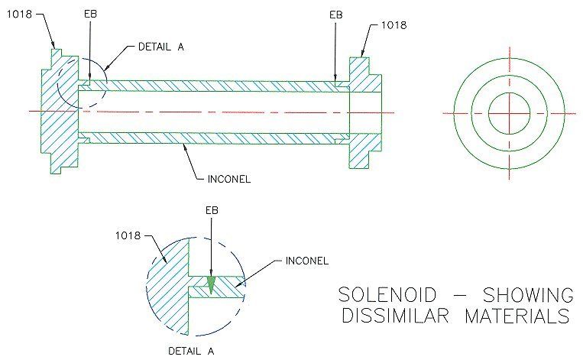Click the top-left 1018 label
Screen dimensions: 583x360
tap(19, 14)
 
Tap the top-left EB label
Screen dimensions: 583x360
tap(90, 14)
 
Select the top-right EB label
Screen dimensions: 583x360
tap(335, 15)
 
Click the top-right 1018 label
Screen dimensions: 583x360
tap(394, 25)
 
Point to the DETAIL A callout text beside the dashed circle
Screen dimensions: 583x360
tap(161, 47)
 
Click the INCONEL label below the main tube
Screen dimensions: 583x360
tap(229, 179)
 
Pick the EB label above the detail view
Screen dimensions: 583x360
tap(212, 210)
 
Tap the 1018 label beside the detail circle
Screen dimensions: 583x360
tap(128, 235)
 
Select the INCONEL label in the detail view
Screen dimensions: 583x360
tap(307, 261)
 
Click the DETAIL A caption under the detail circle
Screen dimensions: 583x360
tap(191, 351)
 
